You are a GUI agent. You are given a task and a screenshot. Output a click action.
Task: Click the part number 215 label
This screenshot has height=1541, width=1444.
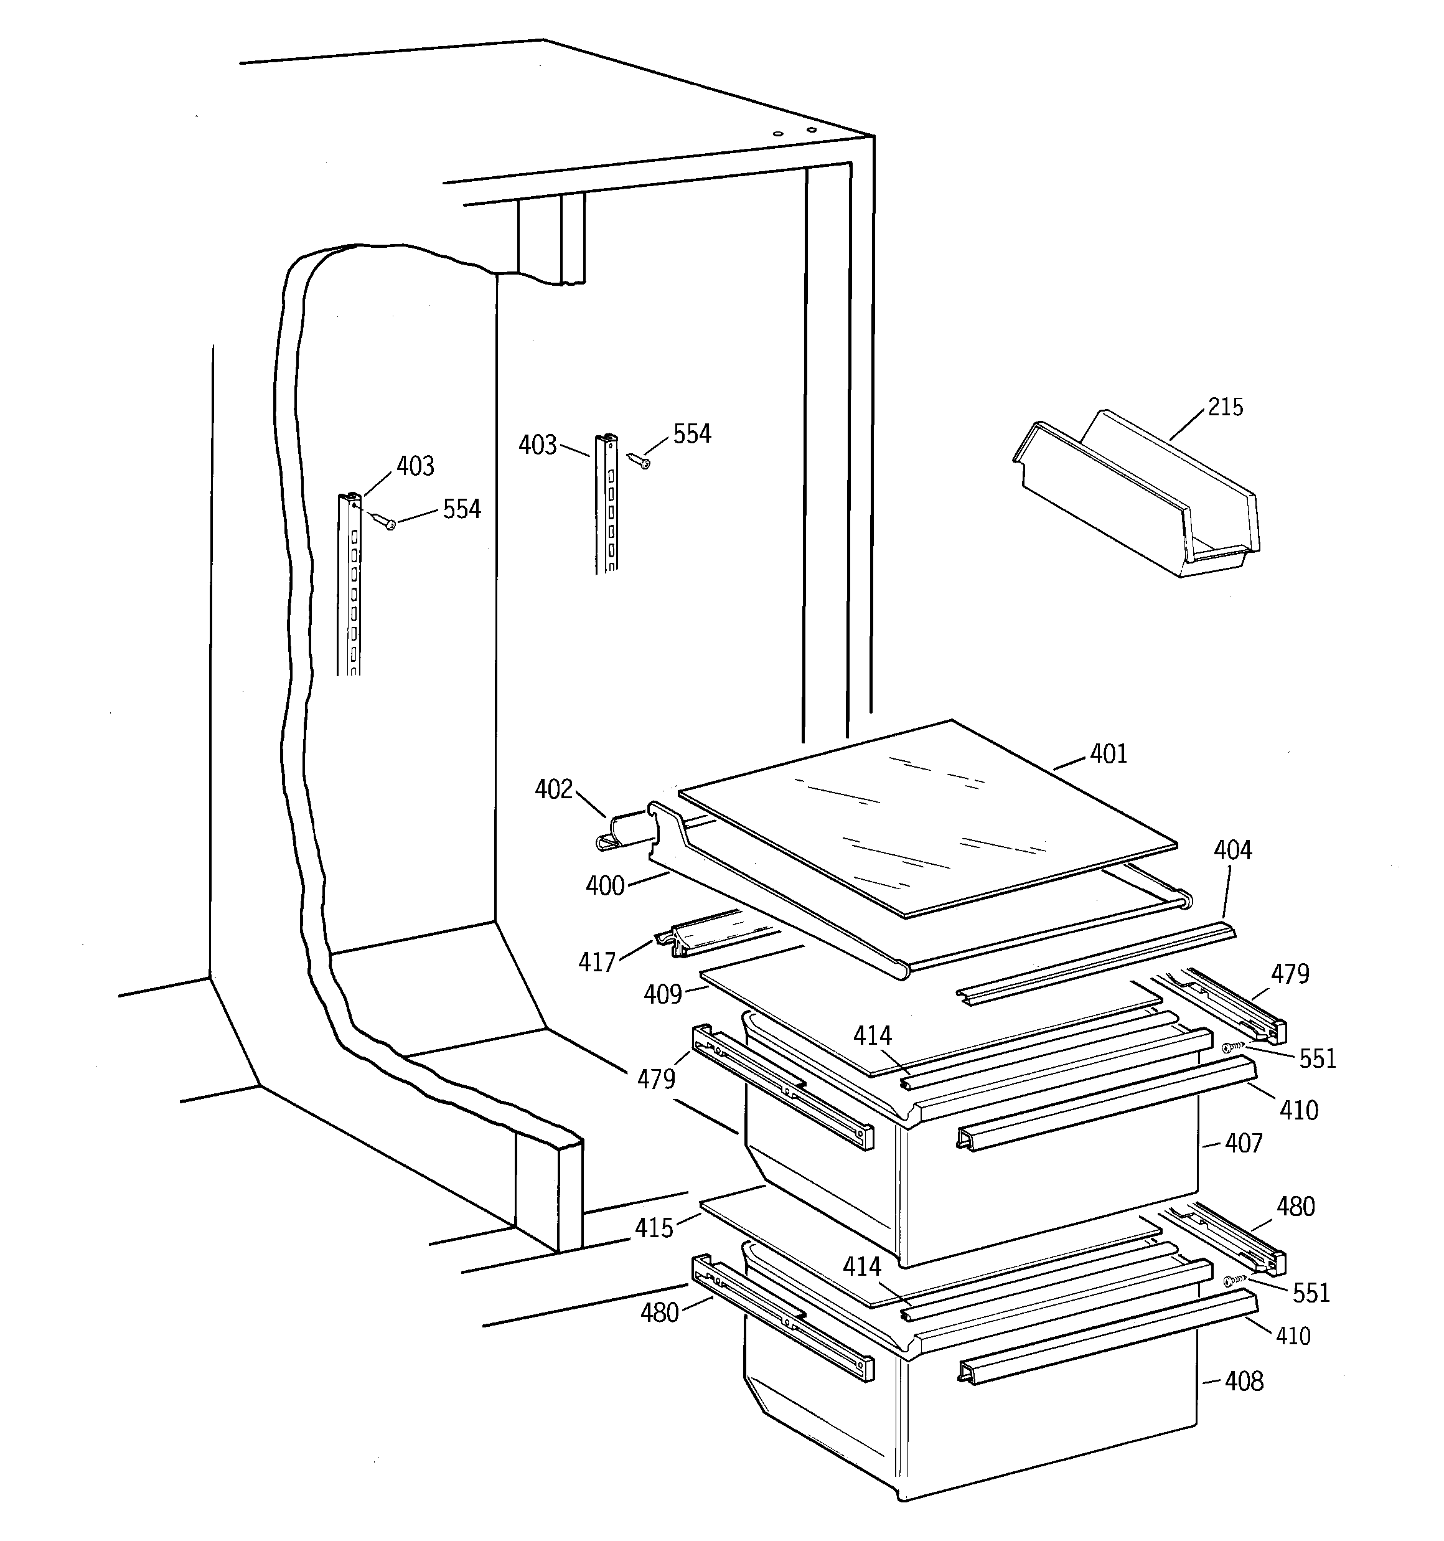[x=1225, y=407]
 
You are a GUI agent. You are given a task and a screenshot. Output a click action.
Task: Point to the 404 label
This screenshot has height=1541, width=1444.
[x=1232, y=851]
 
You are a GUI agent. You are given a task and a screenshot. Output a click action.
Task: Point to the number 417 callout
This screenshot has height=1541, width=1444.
[x=596, y=962]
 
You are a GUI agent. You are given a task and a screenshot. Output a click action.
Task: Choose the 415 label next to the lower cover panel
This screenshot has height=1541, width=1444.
[x=654, y=1228]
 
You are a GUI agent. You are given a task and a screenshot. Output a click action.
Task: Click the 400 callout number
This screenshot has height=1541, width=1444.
[x=604, y=885]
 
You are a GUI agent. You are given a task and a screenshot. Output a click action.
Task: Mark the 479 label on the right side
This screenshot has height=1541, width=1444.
[x=1290, y=974]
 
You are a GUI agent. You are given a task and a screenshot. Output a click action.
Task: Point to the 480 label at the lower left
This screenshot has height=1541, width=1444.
[x=659, y=1312]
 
